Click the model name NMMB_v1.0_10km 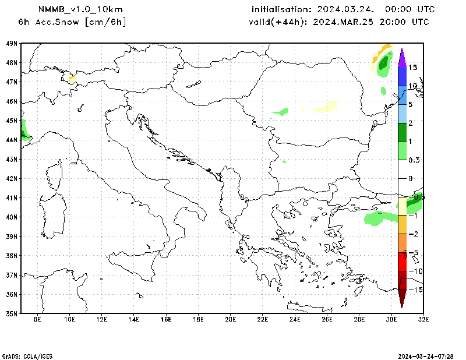[80, 9]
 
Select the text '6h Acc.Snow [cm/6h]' [72, 22]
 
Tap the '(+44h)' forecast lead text [295, 22]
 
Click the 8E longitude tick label [38, 319]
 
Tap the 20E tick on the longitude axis [231, 319]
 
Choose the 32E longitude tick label [423, 319]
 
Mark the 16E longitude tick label [166, 319]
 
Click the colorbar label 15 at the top [412, 68]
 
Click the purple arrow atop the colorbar [402, 57]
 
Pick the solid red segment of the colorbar [402, 262]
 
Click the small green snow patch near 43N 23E [284, 161]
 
